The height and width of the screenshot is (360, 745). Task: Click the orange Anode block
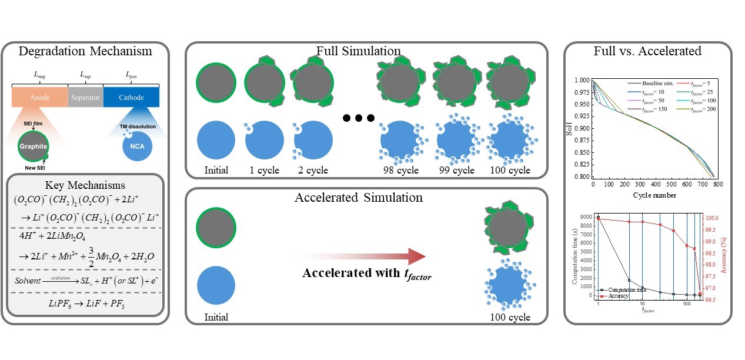tap(39, 98)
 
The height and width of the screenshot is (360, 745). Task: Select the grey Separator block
tap(85, 98)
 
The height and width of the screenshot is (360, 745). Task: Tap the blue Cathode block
tap(131, 98)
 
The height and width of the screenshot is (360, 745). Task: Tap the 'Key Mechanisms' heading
tap(85, 186)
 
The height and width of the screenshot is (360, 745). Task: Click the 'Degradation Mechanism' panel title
tap(85, 51)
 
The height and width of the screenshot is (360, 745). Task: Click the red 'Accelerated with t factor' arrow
tap(365, 257)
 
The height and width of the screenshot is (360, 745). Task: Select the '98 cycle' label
tap(399, 171)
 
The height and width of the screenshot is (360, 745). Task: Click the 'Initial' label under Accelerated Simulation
tap(216, 317)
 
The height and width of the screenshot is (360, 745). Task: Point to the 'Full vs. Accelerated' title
tap(647, 51)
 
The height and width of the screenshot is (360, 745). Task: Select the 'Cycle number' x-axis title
tap(646, 195)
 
